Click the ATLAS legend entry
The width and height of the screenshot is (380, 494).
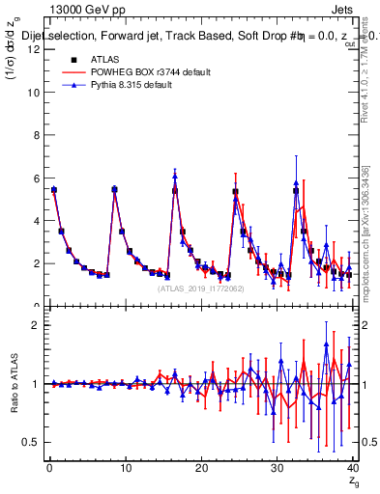[90, 59]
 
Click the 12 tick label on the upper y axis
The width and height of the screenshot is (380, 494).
[33, 50]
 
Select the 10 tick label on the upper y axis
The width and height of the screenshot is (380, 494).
[33, 93]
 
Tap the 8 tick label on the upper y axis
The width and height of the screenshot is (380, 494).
[36, 135]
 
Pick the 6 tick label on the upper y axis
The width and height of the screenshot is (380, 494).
[36, 178]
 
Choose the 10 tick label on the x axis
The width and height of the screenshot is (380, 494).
[125, 468]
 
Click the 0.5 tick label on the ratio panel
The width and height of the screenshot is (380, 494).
[31, 442]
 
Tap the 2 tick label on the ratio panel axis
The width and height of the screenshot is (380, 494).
[36, 325]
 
